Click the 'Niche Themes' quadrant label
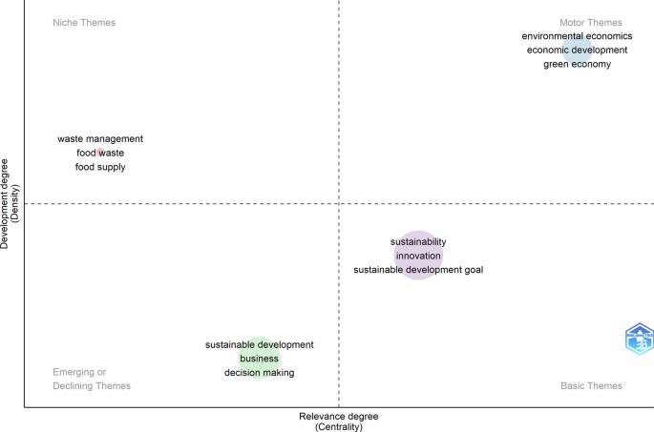tap(84, 22)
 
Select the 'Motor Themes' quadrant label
tap(590, 22)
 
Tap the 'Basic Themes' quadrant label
tap(590, 385)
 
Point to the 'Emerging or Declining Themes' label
tap(92, 379)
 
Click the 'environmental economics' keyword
tap(577, 36)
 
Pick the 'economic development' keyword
tap(577, 50)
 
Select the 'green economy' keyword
tap(577, 64)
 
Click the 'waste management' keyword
tap(100, 139)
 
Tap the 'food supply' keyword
tap(100, 167)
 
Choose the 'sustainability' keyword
tap(418, 242)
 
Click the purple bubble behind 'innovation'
tap(418, 256)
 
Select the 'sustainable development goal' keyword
tap(418, 270)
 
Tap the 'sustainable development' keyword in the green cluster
tap(260, 344)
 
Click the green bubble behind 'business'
tap(260, 359)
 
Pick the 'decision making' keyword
tap(260, 373)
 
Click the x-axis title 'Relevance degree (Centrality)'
tap(339, 422)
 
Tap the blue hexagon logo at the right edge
tap(639, 339)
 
